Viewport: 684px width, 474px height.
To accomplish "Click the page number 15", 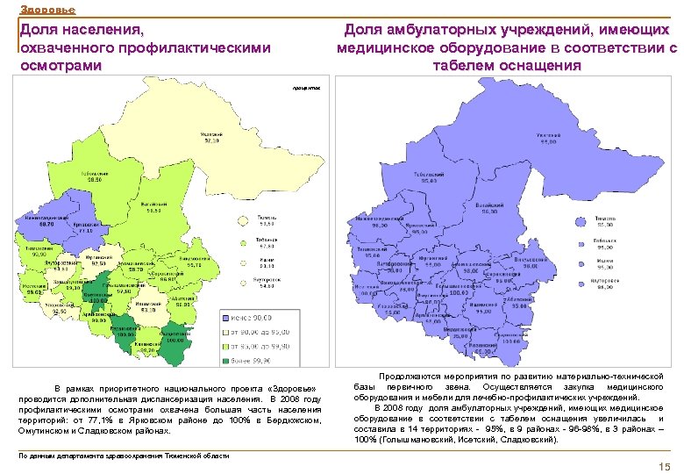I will click(663, 466).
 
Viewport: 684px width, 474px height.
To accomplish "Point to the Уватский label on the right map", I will click(550, 138).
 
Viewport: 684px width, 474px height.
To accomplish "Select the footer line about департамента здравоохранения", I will click(124, 456).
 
